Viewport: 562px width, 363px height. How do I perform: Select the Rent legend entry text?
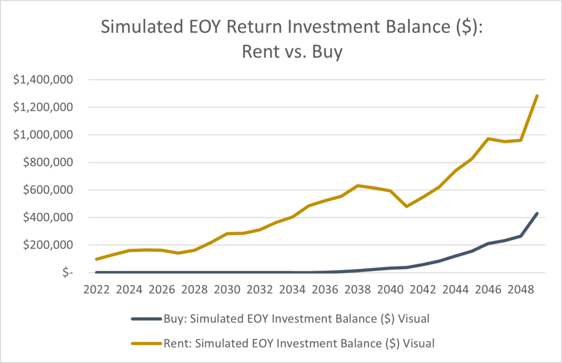[x=299, y=343]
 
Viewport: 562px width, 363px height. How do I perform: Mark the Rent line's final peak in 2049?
[x=537, y=96]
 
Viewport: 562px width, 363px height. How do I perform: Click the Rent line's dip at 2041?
[x=406, y=206]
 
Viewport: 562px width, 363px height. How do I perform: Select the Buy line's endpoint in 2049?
[x=537, y=213]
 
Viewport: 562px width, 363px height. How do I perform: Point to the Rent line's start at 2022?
[x=96, y=259]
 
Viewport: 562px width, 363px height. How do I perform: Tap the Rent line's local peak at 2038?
[x=357, y=185]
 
